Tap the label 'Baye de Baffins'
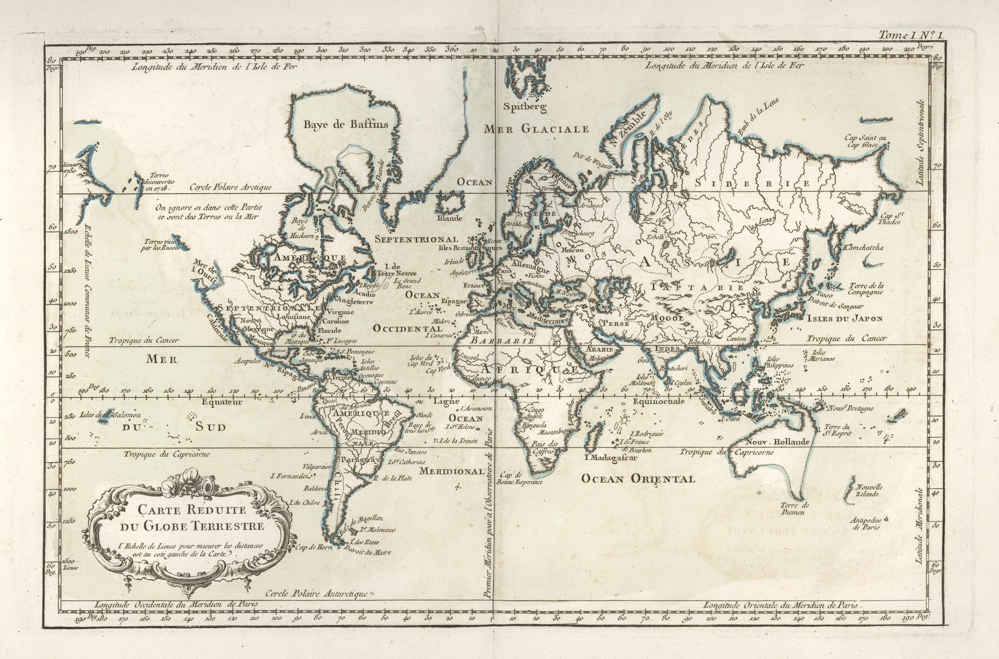pyautogui.click(x=346, y=124)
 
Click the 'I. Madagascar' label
pyautogui.click(x=611, y=458)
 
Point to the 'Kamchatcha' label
pyautogui.click(x=862, y=248)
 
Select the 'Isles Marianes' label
pyautogui.click(x=821, y=356)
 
